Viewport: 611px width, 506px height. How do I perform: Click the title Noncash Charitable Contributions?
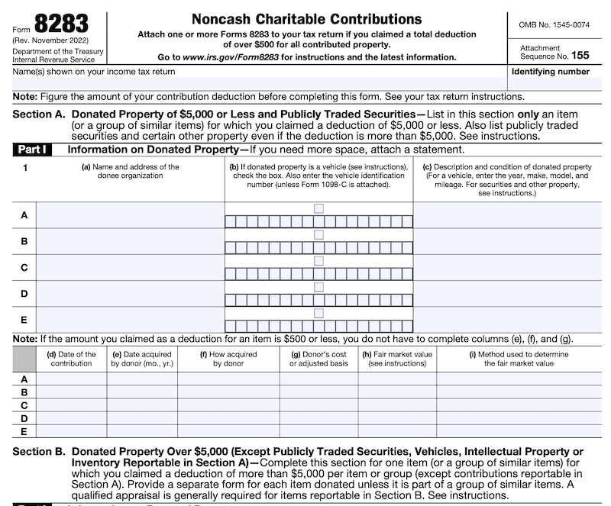pos(306,18)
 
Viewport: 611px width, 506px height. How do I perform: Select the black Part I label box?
pos(33,150)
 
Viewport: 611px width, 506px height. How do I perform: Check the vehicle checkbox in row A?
pos(318,208)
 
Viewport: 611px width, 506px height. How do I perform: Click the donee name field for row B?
pos(131,241)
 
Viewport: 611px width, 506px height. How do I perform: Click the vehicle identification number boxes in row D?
pos(318,300)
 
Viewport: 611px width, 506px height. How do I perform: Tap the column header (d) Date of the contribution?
pos(72,359)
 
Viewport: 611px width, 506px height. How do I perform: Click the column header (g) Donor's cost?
pos(318,359)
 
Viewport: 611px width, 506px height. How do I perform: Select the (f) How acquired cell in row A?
pos(228,379)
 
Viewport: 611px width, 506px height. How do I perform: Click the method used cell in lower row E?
pos(519,431)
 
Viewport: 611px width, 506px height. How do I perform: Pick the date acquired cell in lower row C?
pos(143,405)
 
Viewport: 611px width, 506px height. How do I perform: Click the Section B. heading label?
pos(39,452)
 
